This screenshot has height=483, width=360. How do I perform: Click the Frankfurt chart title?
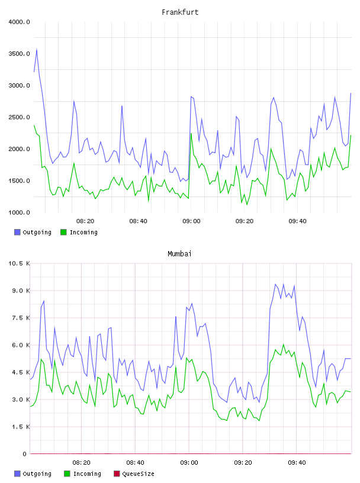point(180,12)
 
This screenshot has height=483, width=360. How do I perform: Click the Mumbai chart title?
point(179,254)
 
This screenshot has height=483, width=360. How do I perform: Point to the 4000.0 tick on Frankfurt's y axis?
point(19,22)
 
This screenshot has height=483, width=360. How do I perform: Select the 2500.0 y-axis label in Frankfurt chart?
point(19,117)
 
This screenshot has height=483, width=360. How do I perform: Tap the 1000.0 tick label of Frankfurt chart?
point(19,212)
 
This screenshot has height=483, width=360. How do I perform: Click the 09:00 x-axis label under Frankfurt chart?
point(191,221)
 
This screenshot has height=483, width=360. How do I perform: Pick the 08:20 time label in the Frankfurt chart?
point(85,221)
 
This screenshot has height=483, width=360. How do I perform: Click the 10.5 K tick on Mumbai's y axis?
point(19,263)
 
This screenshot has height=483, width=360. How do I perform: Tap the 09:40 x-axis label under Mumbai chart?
point(297,463)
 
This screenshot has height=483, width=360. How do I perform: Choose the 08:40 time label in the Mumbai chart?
point(136,463)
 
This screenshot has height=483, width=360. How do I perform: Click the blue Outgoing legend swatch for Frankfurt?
point(17,232)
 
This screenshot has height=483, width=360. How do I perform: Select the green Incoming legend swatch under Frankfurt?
point(63,232)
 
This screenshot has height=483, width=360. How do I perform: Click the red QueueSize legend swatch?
point(117,474)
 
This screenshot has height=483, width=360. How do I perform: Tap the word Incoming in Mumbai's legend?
point(87,474)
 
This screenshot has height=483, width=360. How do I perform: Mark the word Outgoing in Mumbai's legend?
point(37,474)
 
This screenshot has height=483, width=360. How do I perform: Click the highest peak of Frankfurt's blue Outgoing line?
point(37,49)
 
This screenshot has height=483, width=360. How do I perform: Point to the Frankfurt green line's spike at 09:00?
point(191,133)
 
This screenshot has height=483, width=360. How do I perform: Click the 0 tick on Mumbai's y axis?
point(25,454)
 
